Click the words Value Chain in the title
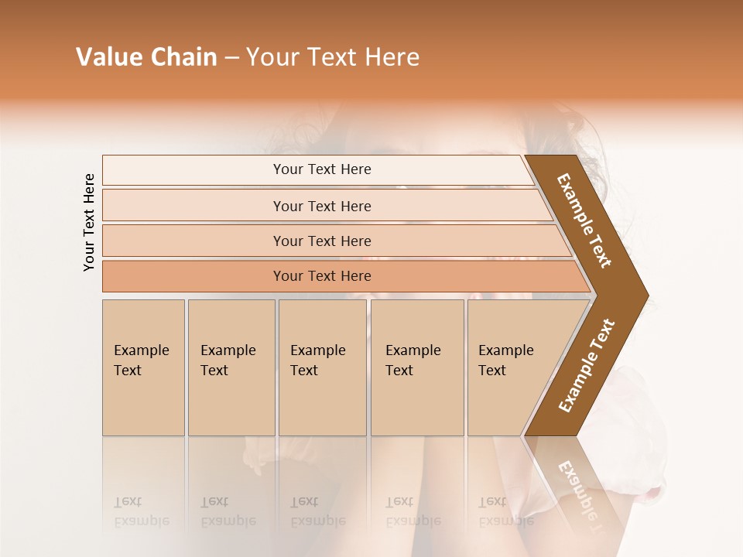coord(146,57)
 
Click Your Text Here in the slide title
coord(333,57)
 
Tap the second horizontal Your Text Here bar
coord(322,206)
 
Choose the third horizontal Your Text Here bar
coord(322,241)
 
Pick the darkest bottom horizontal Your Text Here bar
coord(322,276)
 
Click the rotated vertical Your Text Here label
coord(89,222)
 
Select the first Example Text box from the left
coord(143,367)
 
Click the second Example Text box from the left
coord(231,367)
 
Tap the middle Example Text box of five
coord(321,367)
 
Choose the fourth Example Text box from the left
coord(416,367)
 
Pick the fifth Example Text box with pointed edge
coord(511,367)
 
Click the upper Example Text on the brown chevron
coord(585,220)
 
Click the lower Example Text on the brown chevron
coord(587,366)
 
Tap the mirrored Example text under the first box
coord(142,520)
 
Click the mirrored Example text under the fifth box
coord(506,520)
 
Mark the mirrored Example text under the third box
coord(317,520)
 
